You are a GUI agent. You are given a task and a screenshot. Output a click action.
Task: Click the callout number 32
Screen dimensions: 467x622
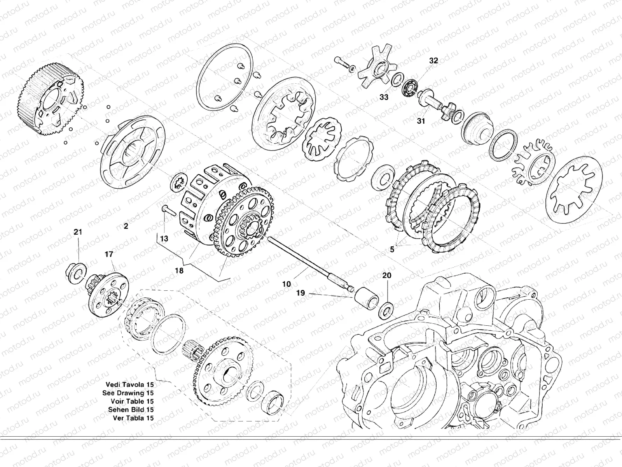click(x=433, y=61)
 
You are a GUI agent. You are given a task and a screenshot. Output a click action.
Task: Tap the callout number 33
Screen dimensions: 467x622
click(x=384, y=97)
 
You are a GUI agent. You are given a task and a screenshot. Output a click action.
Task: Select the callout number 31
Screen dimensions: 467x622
click(x=421, y=121)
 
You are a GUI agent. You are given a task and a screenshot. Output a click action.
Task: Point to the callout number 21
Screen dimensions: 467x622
click(x=78, y=232)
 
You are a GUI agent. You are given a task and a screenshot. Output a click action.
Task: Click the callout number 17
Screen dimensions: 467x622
click(x=109, y=254)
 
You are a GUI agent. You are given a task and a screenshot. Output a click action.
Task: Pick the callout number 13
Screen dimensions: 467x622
click(x=164, y=239)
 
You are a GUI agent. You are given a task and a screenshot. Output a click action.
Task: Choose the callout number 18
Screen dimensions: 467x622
click(x=179, y=271)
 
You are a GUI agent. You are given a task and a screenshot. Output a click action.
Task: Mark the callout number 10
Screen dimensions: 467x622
click(x=287, y=284)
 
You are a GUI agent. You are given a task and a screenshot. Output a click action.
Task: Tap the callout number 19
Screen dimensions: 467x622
click(x=301, y=293)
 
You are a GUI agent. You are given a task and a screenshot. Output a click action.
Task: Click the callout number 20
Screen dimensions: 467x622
click(x=387, y=275)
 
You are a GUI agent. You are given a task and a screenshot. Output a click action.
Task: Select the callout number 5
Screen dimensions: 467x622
click(x=392, y=249)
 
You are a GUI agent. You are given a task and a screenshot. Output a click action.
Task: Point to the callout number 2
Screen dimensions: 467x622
click(x=126, y=226)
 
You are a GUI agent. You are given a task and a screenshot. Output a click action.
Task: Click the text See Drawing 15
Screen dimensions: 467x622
click(x=128, y=393)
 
